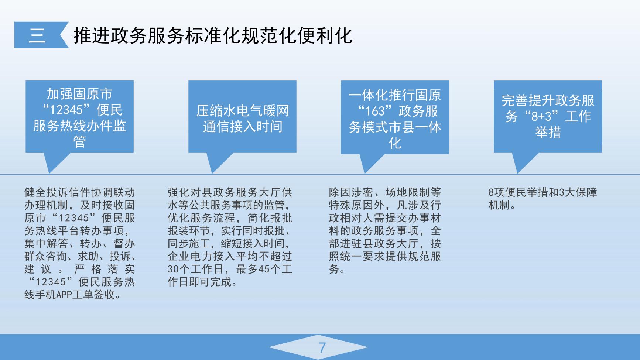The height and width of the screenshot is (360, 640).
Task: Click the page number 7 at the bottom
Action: pyautogui.click(x=322, y=348)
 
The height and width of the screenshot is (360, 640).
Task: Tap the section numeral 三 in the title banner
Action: pyautogui.click(x=37, y=35)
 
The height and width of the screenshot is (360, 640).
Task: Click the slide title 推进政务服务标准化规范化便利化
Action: pyautogui.click(x=213, y=35)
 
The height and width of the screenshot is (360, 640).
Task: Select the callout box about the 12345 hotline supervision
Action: pyautogui.click(x=79, y=117)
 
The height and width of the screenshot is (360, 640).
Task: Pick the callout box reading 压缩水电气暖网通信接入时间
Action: pyautogui.click(x=242, y=117)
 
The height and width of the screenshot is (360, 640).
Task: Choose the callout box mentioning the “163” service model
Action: pyautogui.click(x=395, y=117)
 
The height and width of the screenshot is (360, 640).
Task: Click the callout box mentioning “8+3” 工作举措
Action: pyautogui.click(x=548, y=117)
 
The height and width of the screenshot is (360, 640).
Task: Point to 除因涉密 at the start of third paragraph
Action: pyautogui.click(x=351, y=192)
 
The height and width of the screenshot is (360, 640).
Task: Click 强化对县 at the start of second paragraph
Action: pyautogui.click(x=189, y=192)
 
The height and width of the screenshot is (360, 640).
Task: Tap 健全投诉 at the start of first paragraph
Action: pyautogui.click(x=47, y=192)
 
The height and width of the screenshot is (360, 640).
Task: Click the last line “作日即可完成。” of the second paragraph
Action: pyautogui.click(x=203, y=282)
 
